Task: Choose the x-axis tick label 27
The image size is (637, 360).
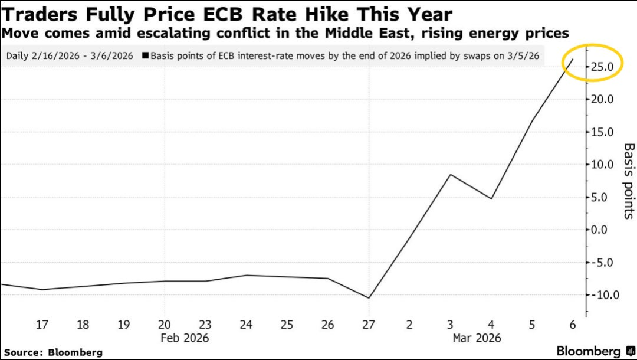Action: point(369,325)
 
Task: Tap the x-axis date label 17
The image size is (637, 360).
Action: point(42,325)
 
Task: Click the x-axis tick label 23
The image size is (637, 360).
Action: point(205,325)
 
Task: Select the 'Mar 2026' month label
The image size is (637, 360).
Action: point(477,338)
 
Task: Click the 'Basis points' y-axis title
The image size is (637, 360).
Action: point(629,181)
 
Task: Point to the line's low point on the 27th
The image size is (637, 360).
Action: point(369,297)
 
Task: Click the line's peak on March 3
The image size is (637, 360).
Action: point(451,175)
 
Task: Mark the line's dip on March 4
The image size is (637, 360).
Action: point(491,198)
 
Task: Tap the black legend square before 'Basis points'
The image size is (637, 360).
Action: point(145,56)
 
